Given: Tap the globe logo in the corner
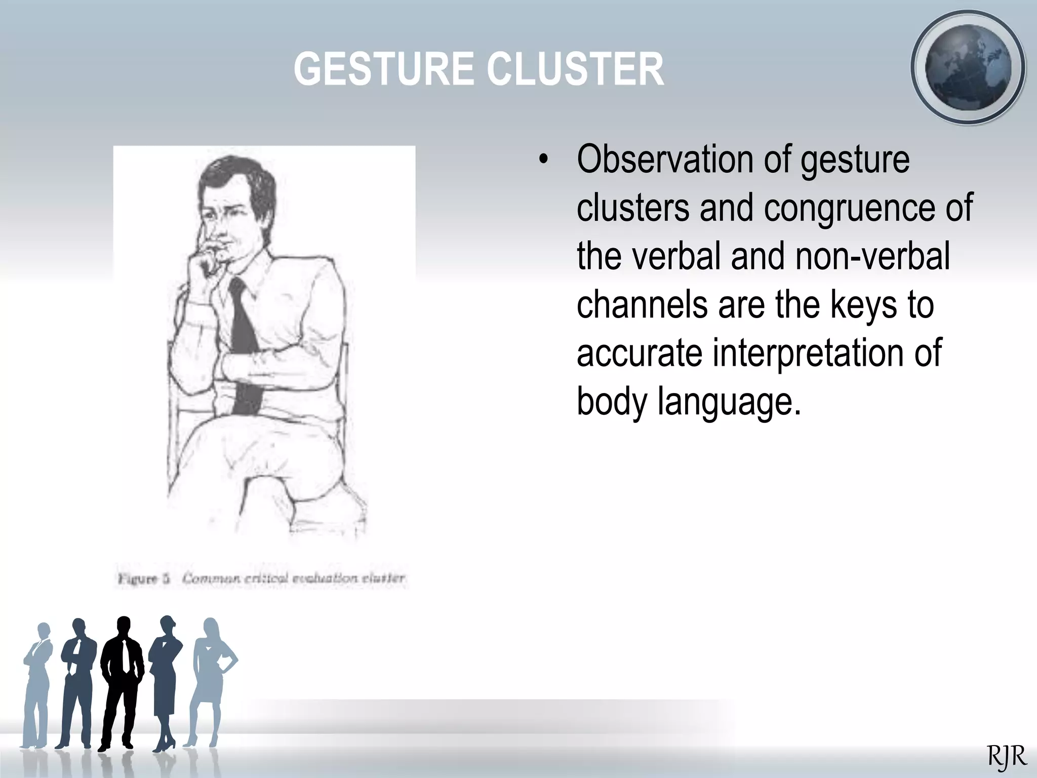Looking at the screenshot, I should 968,67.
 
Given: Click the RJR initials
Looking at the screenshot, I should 1007,757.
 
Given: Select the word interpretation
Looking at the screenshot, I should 808,353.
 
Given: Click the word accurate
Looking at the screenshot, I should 639,353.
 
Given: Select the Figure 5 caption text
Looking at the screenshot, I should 261,578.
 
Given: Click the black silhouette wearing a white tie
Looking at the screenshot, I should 122,679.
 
